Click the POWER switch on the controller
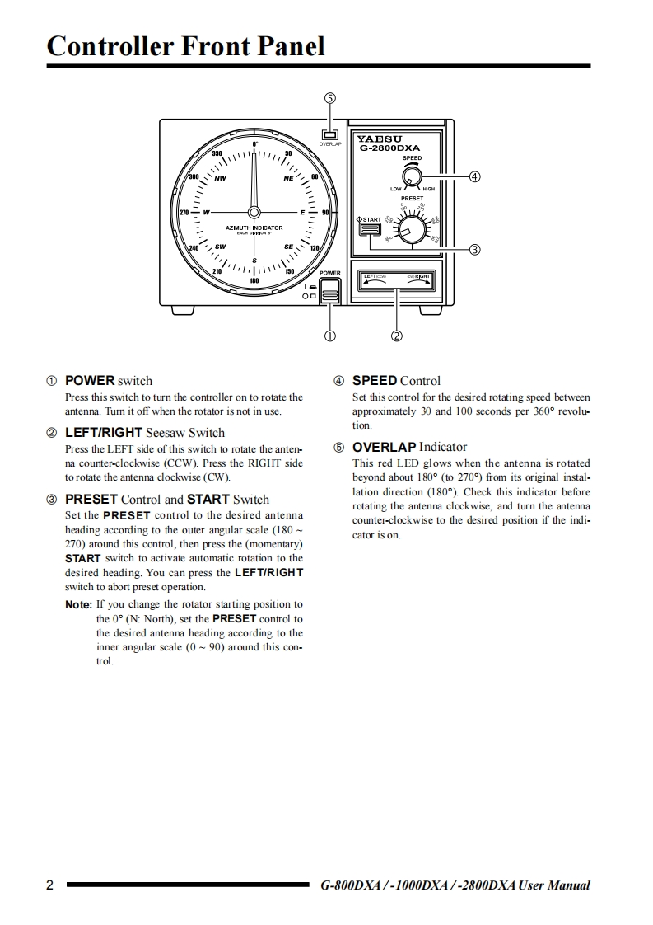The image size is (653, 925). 330,290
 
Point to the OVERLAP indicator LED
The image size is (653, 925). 330,134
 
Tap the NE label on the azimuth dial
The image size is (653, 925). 288,178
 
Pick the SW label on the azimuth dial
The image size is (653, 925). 221,246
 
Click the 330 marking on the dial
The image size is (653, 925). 217,154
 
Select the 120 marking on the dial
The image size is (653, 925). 314,247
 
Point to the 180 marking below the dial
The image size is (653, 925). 254,281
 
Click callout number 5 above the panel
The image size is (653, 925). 330,97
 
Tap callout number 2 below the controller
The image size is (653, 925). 397,336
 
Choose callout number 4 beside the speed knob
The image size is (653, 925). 474,176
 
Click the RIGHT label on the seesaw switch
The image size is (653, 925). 422,276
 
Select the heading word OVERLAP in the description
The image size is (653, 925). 385,447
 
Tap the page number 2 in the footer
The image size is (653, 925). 50,885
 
